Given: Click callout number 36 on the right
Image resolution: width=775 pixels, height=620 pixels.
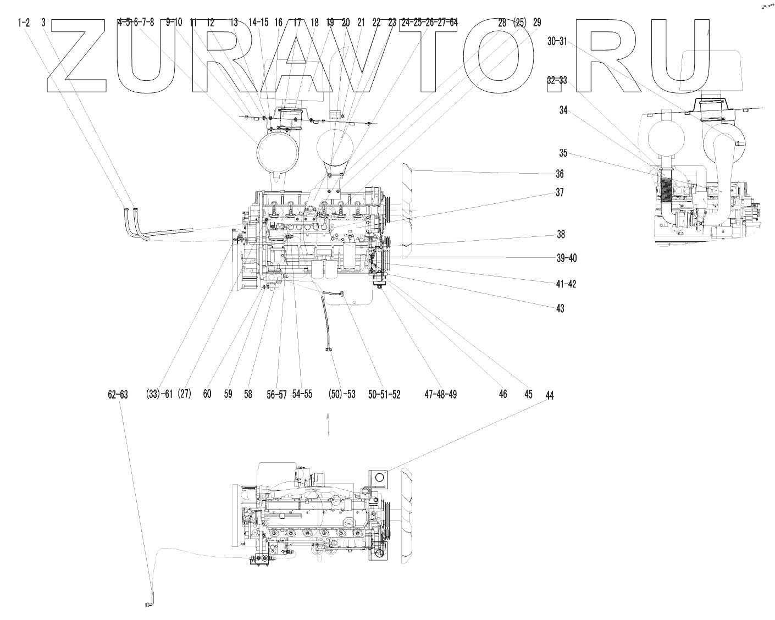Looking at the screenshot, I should coord(559,174).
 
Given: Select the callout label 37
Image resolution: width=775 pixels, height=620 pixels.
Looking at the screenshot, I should coord(559,193).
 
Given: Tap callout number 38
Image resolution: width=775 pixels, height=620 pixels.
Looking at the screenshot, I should coord(560,235).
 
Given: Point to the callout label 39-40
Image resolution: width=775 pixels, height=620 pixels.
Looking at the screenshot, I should coord(566,258).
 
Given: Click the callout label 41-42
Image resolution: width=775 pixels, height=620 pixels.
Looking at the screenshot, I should coord(565,284).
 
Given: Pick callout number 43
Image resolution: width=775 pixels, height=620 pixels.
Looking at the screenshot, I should coord(560,308).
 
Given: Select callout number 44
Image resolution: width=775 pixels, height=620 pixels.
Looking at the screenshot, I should coord(550,395).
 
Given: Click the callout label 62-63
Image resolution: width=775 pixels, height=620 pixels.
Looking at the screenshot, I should coord(118,395).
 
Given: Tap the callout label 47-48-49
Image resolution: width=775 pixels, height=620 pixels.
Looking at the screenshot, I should coord(440,394).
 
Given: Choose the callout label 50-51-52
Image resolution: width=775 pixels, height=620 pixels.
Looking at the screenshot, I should coord(384,394).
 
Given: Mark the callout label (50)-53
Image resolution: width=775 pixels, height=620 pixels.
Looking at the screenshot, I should coord(341,394).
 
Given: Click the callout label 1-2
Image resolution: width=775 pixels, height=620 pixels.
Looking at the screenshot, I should coord(24,23).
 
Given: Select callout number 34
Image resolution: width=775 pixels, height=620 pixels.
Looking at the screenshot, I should coord(563,110).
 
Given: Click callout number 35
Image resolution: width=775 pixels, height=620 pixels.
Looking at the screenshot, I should coord(563,153).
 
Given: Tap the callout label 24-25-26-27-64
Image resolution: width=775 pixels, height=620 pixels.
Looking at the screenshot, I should coord(429,23).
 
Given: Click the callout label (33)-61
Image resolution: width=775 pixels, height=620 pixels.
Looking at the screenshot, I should coord(159,394).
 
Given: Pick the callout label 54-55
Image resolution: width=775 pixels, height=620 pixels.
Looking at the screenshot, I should coord(302,394).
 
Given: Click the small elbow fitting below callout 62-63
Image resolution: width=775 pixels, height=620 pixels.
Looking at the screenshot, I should coord(149,601).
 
